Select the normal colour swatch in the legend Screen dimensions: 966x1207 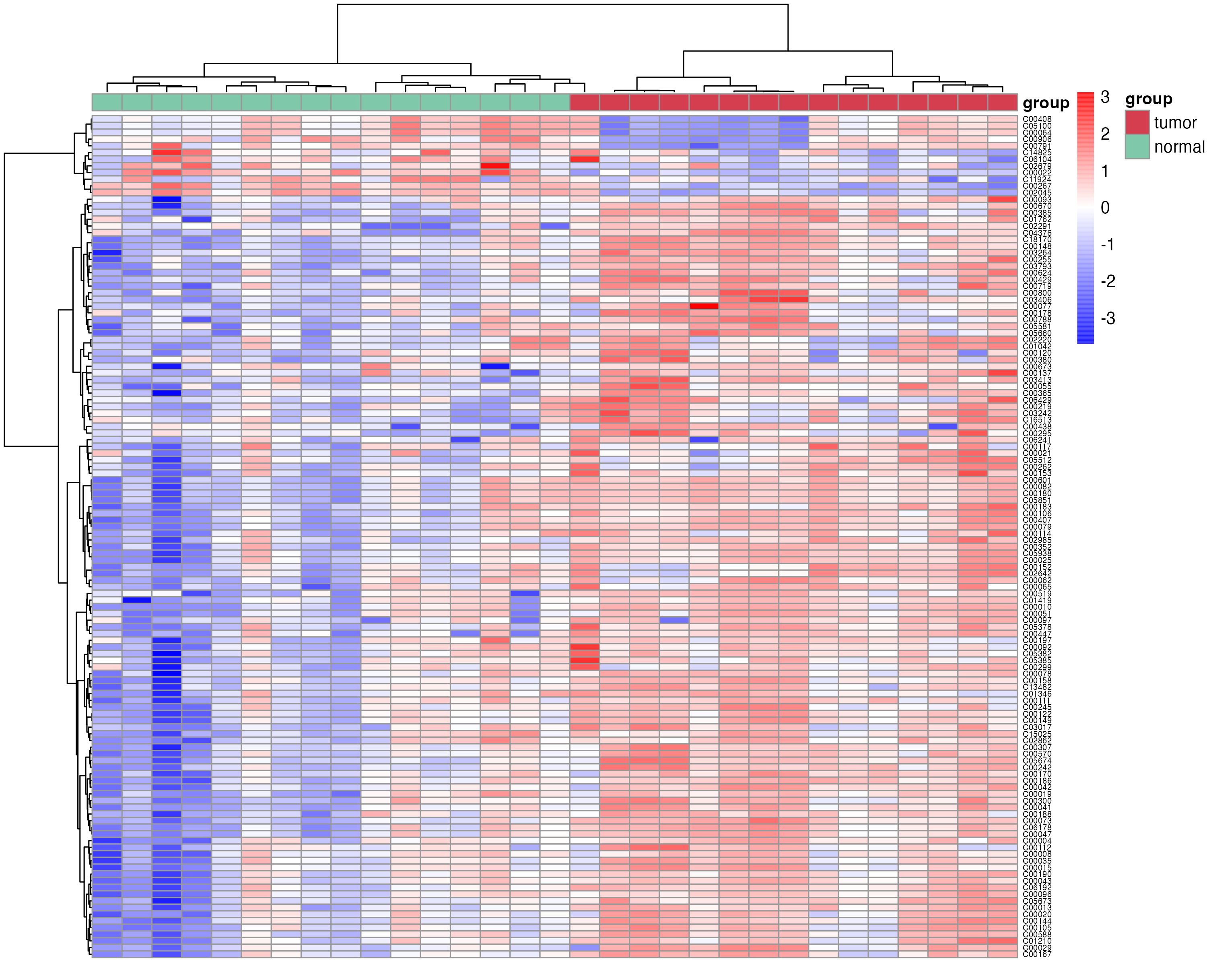click(x=1137, y=147)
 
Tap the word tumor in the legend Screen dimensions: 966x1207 click(x=1175, y=123)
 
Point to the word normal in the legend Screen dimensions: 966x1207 click(x=1178, y=147)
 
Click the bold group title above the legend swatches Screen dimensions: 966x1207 click(x=1148, y=99)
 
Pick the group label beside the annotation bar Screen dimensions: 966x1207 click(x=1046, y=103)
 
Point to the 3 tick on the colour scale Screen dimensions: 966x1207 click(x=1104, y=97)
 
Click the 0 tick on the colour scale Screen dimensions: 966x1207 click(x=1104, y=208)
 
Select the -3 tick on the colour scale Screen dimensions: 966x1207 click(x=1107, y=318)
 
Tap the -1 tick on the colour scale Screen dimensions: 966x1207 click(x=1107, y=245)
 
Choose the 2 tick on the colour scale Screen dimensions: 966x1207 click(x=1104, y=134)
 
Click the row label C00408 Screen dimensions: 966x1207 click(x=1037, y=119)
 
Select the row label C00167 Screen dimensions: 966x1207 click(x=1037, y=954)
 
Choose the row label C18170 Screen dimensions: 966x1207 click(x=1037, y=239)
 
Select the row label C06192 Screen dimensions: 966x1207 click(x=1037, y=888)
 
